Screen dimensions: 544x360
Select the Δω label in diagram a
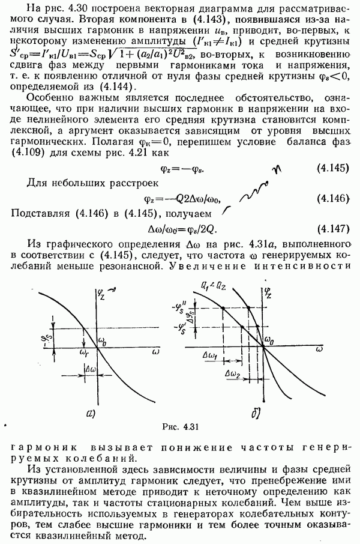click(x=92, y=367)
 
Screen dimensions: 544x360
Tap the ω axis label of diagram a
click(x=157, y=348)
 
